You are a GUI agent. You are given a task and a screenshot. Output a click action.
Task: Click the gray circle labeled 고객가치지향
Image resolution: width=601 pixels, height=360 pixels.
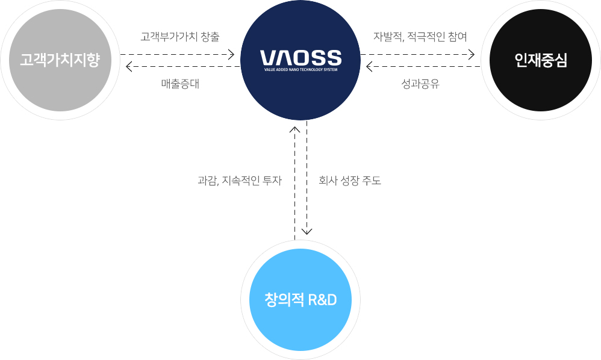tap(60, 60)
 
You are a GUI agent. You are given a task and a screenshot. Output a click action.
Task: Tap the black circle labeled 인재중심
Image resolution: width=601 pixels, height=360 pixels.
tap(541, 60)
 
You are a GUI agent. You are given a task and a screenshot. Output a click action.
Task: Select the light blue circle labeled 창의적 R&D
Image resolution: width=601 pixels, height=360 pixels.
tap(300, 299)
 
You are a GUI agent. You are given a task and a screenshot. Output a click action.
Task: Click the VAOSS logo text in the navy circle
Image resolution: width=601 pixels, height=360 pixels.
tap(300, 58)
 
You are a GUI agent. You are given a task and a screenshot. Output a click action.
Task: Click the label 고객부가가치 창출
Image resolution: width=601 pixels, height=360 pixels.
tap(180, 37)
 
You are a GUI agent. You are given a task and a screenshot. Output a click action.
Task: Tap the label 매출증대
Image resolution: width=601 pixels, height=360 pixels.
tap(180, 84)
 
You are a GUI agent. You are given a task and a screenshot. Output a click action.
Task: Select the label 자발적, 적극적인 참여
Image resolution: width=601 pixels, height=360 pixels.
tap(420, 37)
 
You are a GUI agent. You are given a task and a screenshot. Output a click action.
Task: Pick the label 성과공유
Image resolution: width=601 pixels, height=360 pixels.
tap(420, 84)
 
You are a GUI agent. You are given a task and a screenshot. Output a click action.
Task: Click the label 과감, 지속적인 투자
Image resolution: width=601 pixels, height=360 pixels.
tap(239, 180)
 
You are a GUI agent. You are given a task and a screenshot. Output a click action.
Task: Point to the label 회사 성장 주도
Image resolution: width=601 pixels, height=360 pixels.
tap(350, 180)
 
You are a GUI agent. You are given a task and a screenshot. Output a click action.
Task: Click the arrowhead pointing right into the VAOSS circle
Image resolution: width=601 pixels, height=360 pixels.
tap(231, 55)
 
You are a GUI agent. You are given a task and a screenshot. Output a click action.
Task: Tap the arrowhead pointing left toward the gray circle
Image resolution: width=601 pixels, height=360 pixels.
tap(129, 66)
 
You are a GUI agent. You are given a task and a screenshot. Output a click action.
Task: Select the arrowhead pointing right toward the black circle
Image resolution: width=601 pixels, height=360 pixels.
tap(472, 55)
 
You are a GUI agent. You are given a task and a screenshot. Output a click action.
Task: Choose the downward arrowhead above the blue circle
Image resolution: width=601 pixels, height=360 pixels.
tap(307, 231)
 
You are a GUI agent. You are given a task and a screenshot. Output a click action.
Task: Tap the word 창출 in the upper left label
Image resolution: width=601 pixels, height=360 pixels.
tap(210, 37)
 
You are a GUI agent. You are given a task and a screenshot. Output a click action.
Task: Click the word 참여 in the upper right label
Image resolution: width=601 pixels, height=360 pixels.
tap(458, 37)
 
